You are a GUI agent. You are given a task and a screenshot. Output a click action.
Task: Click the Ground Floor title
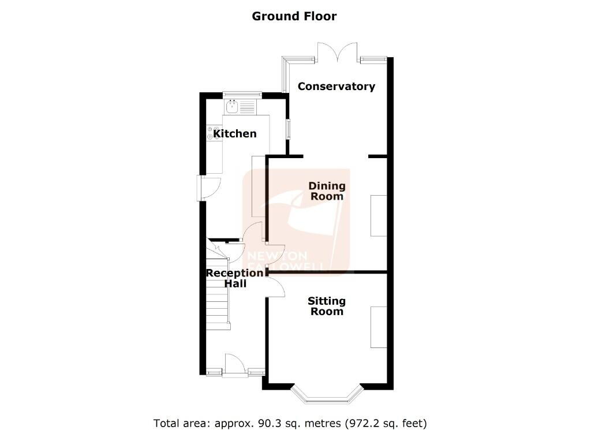pos(294,16)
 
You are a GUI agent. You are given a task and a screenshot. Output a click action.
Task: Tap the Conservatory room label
pos(336,87)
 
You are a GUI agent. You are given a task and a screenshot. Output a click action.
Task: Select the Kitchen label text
pos(235,133)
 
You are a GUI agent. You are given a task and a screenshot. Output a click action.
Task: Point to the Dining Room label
pos(327,191)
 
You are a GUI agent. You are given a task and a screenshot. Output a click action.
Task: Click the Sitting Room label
pos(327,306)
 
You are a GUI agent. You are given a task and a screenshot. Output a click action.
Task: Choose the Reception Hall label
pos(235,278)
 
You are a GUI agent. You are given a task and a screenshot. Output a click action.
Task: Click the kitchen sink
pos(232,107)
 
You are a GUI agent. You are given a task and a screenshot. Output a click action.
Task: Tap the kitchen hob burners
pos(214,133)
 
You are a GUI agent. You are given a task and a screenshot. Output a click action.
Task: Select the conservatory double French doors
pos(337,53)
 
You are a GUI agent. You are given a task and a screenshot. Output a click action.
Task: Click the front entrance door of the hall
pos(235,365)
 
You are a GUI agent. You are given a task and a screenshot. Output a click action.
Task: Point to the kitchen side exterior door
pos(208,188)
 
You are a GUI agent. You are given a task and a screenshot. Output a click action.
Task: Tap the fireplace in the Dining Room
pos(379,215)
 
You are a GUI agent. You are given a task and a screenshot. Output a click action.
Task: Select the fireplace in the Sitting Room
pos(379,327)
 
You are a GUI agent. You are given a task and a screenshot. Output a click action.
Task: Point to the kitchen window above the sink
pos(242,94)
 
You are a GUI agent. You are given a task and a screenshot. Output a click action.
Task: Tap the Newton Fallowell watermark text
pos(285,261)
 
